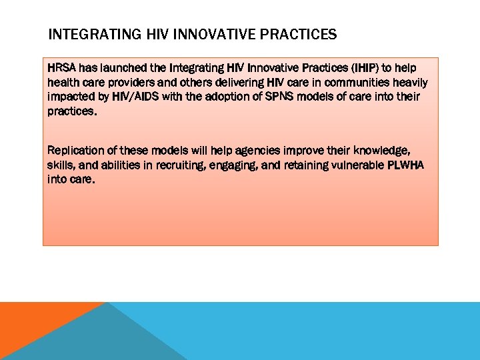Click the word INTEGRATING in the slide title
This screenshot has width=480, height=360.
coord(85,34)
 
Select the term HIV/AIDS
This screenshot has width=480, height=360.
coord(133,97)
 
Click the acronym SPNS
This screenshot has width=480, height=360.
coord(269,97)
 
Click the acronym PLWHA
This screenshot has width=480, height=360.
coord(407,165)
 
